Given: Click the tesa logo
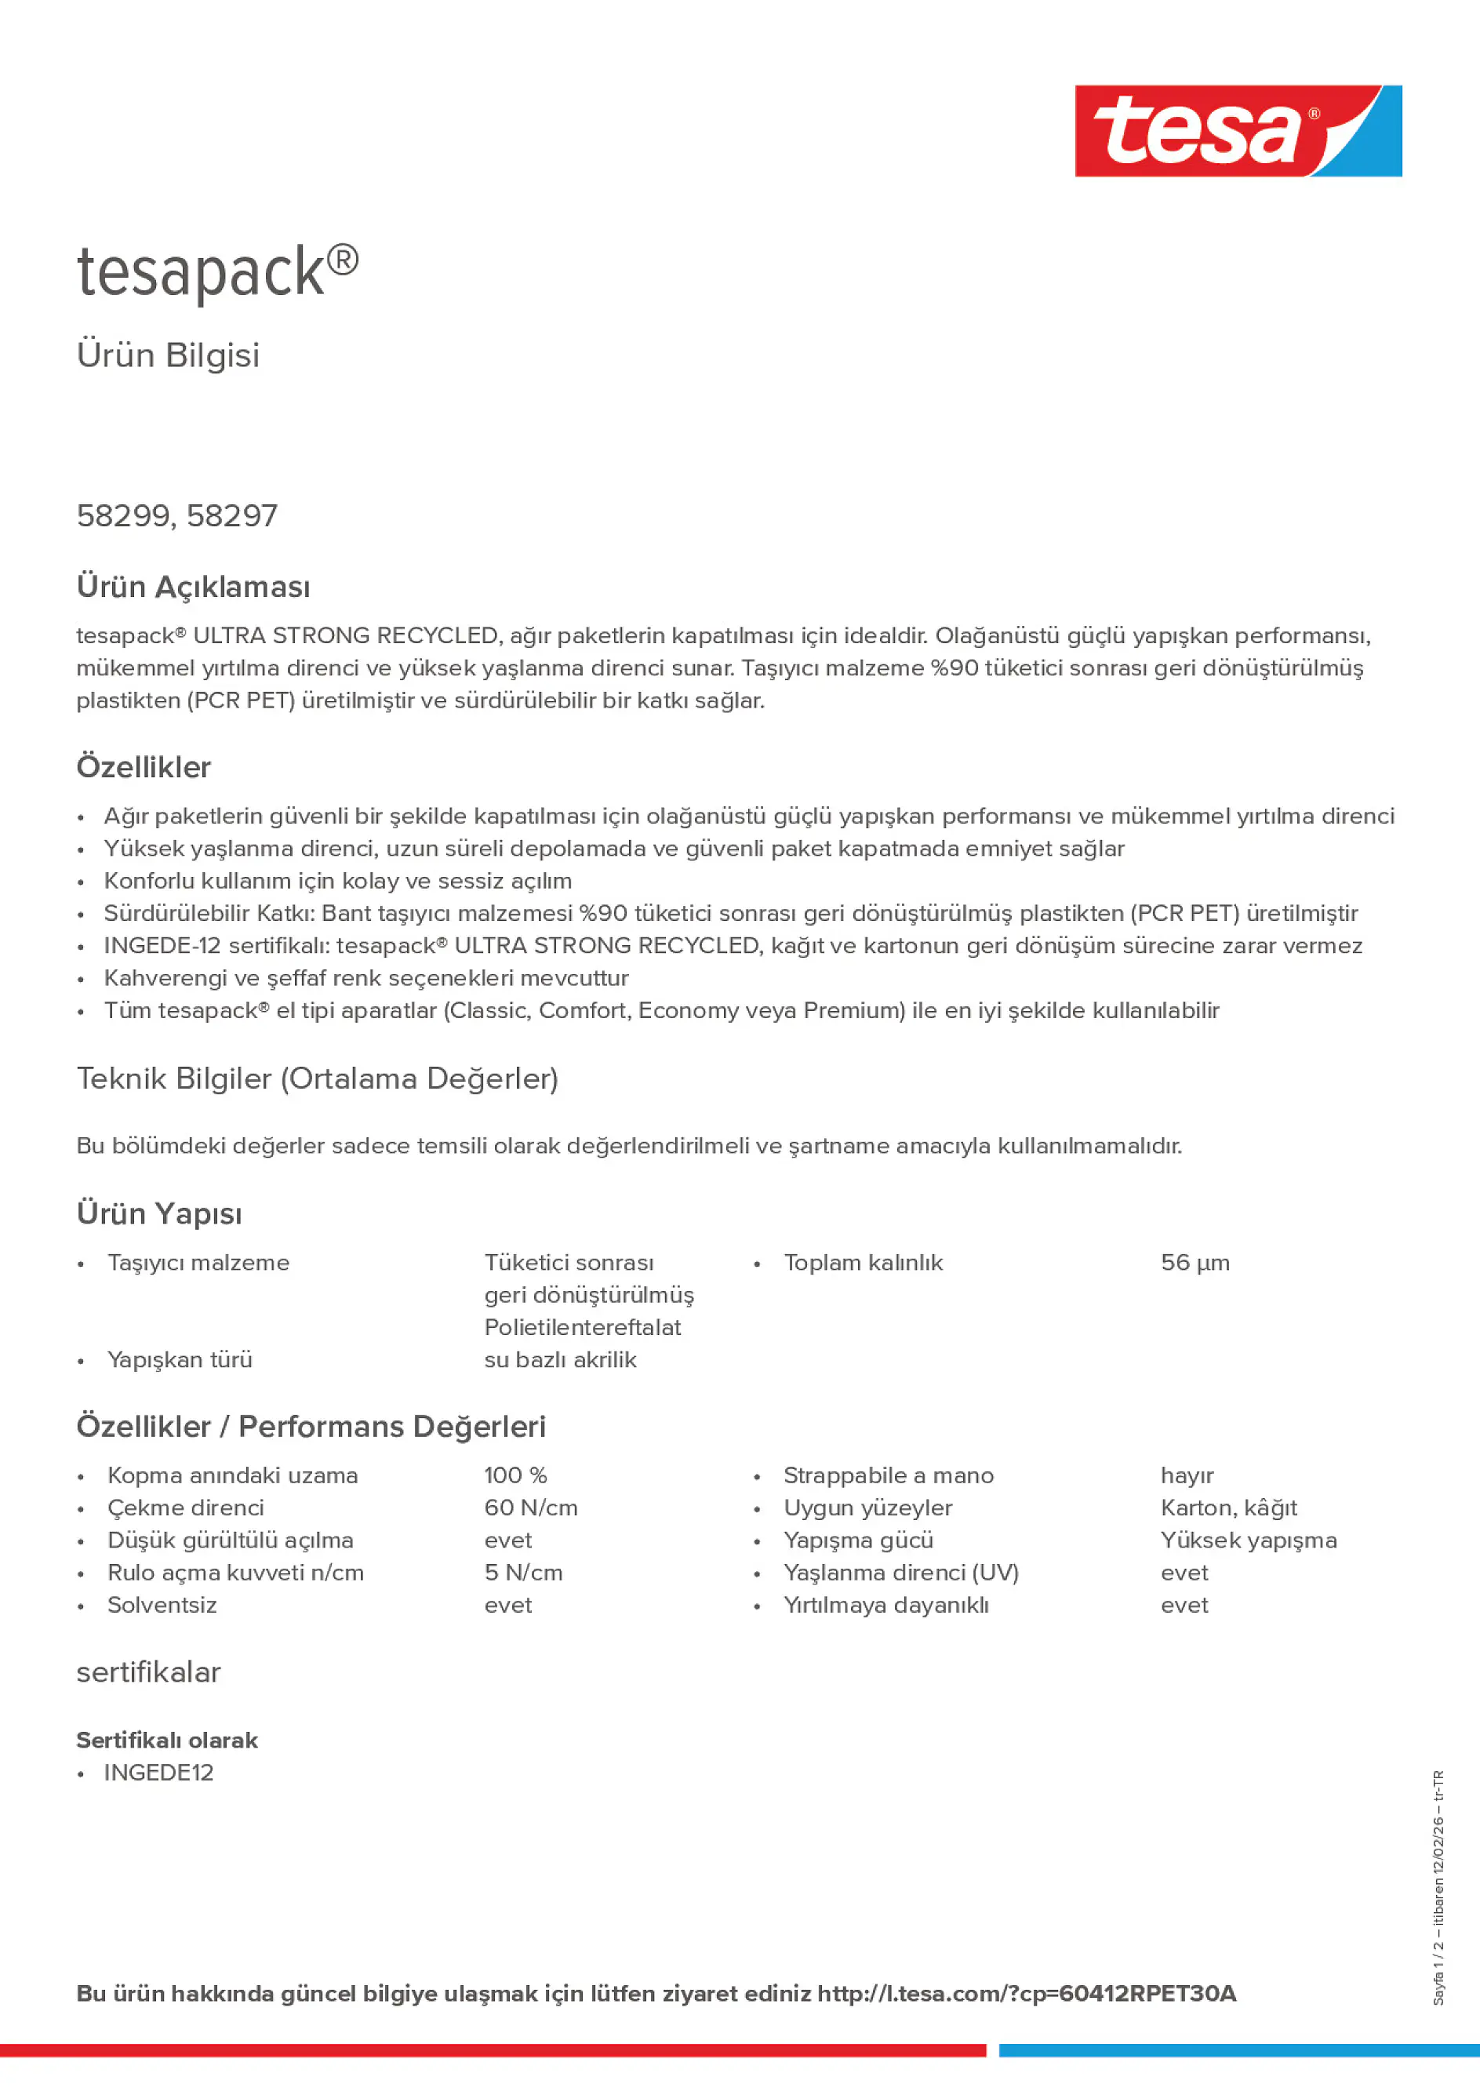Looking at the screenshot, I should click(x=1238, y=130).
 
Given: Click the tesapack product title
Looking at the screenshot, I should click(x=217, y=272).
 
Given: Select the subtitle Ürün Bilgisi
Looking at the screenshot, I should click(x=168, y=355).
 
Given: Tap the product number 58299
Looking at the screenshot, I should click(x=123, y=515).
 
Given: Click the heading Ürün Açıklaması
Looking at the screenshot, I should click(x=194, y=587).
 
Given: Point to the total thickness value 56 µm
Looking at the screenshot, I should click(x=1195, y=1263).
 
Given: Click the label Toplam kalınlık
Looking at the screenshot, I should click(x=862, y=1263).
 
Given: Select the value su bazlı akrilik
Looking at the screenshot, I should click(x=560, y=1359).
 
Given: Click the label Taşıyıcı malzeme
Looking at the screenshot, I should click(x=198, y=1263).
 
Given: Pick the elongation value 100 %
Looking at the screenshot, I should click(x=515, y=1475).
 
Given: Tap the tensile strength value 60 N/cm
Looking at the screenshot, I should click(x=531, y=1508).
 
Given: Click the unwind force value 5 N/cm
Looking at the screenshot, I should click(x=524, y=1572).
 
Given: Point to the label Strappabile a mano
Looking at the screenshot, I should click(x=888, y=1475).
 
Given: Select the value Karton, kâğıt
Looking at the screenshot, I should click(x=1228, y=1508).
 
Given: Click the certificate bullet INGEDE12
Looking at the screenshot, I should click(x=158, y=1772).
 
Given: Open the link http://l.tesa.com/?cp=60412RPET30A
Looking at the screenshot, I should click(x=1027, y=1994).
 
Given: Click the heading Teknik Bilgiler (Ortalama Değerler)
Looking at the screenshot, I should click(x=318, y=1078).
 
